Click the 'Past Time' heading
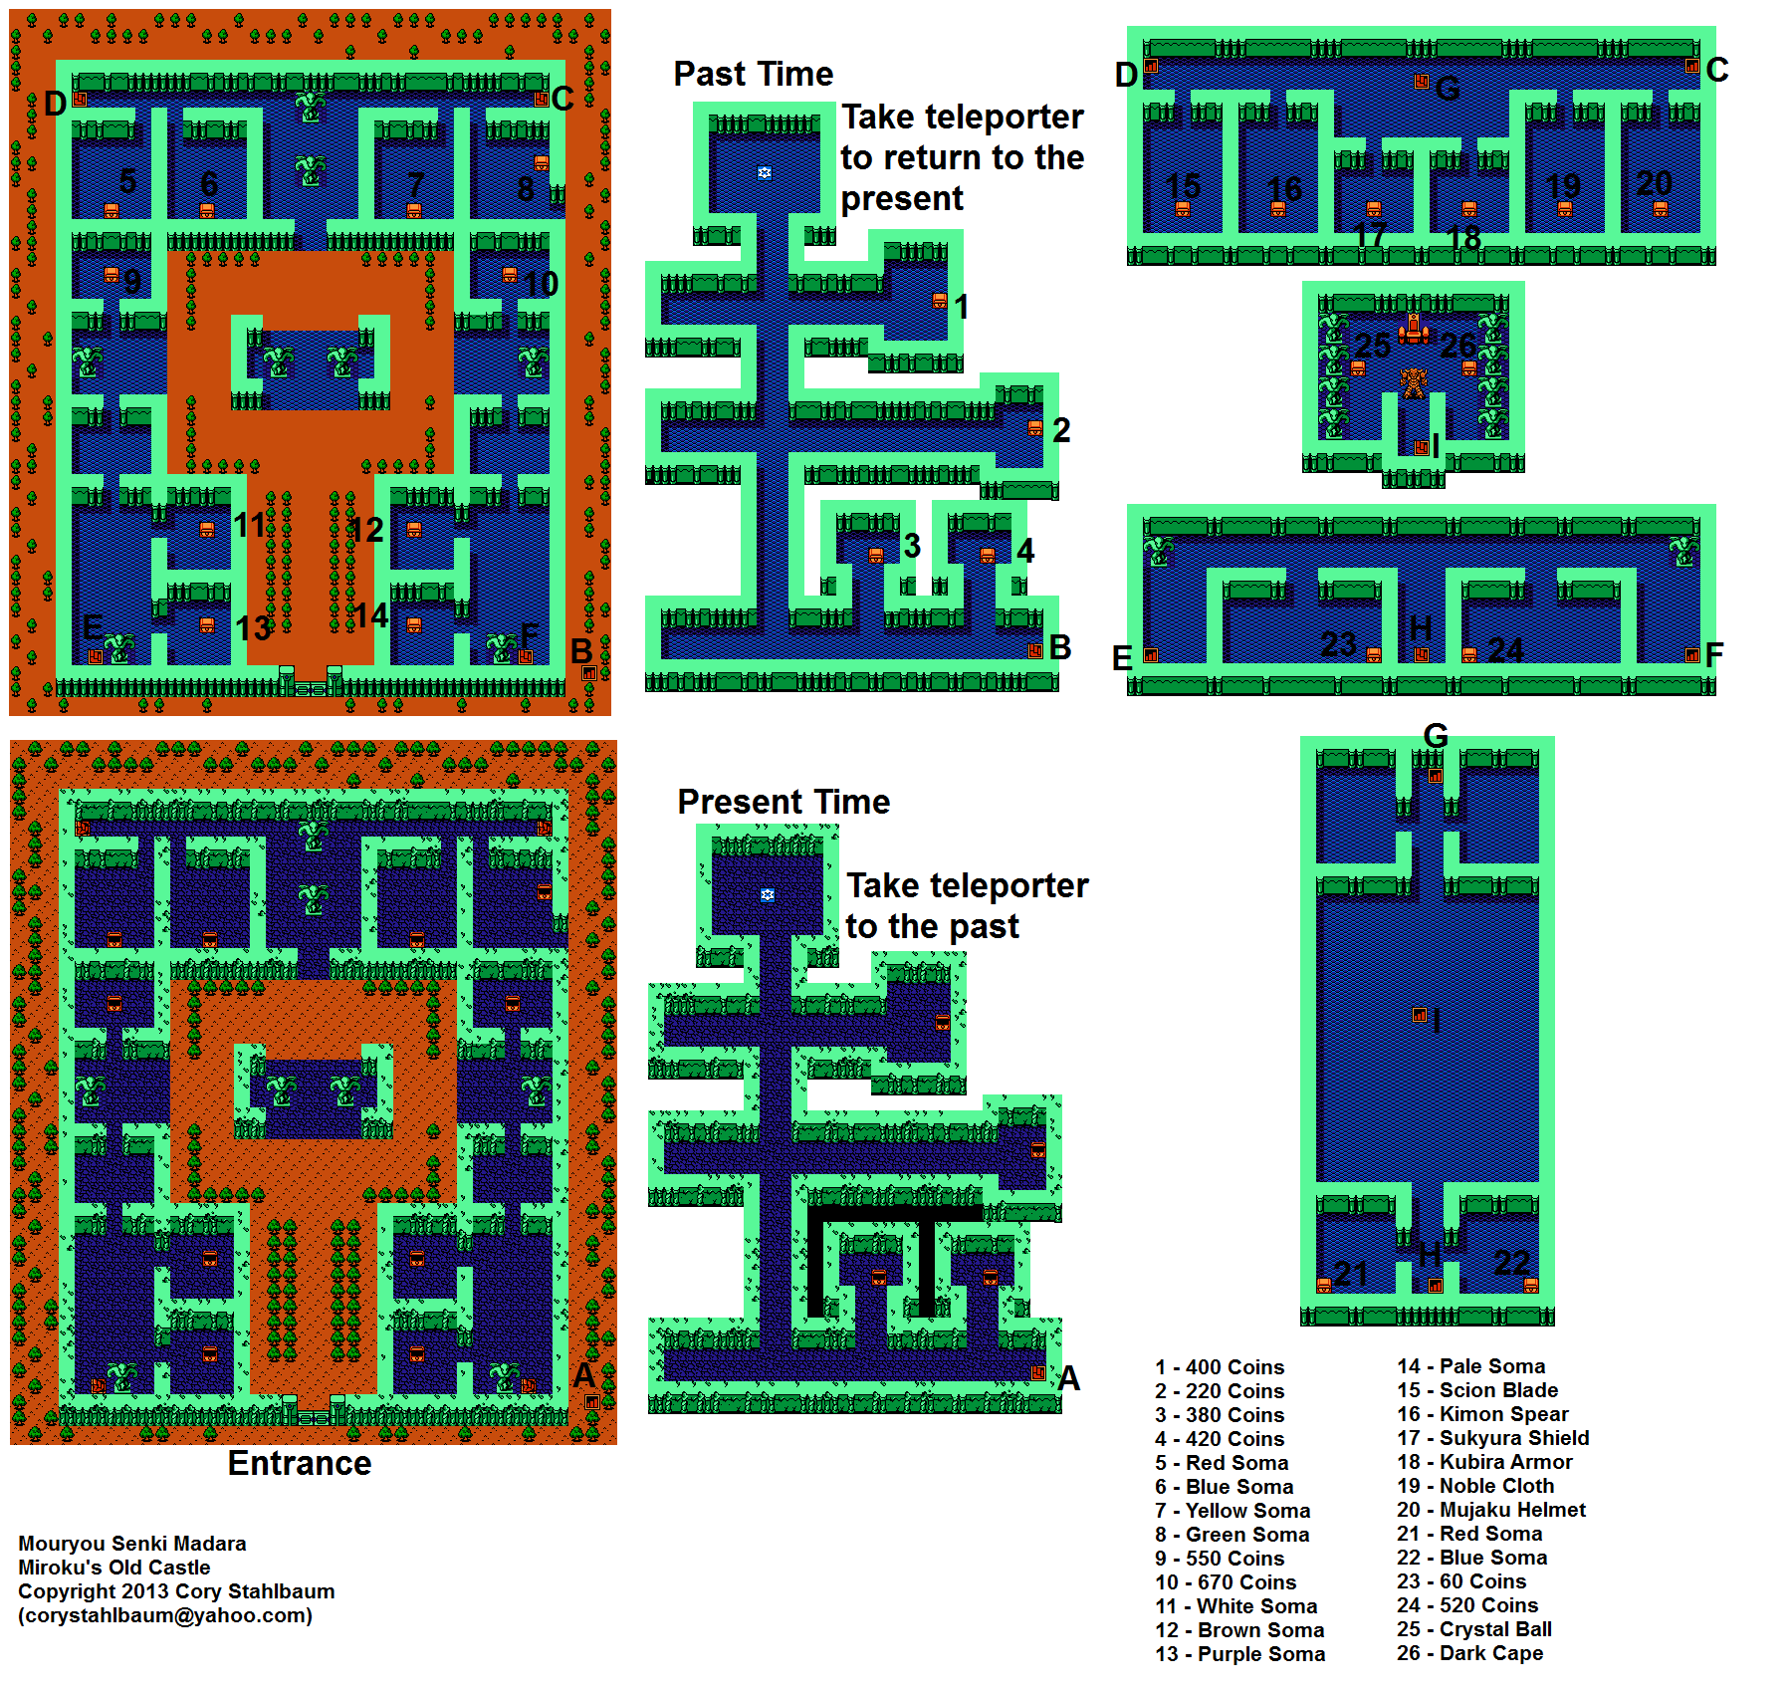coord(753,74)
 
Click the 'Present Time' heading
coord(784,802)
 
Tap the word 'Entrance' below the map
coord(300,1463)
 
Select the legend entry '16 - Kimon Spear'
coord(1482,1414)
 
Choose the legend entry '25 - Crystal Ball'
coord(1474,1629)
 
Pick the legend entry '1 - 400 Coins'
coord(1220,1367)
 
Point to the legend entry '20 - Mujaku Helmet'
coord(1491,1510)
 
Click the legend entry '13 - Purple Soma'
coord(1240,1654)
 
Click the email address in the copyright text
coord(165,1615)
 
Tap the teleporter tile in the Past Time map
coord(765,172)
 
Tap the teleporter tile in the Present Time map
coord(768,894)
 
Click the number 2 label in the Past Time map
coord(1061,430)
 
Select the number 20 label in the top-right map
coord(1655,183)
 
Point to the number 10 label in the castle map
coord(541,285)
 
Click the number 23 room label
coord(1339,644)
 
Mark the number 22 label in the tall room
coord(1512,1263)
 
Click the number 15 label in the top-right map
coord(1183,186)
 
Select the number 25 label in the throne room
coord(1373,346)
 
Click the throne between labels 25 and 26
coord(1414,329)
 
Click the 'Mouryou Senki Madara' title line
coord(132,1544)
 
